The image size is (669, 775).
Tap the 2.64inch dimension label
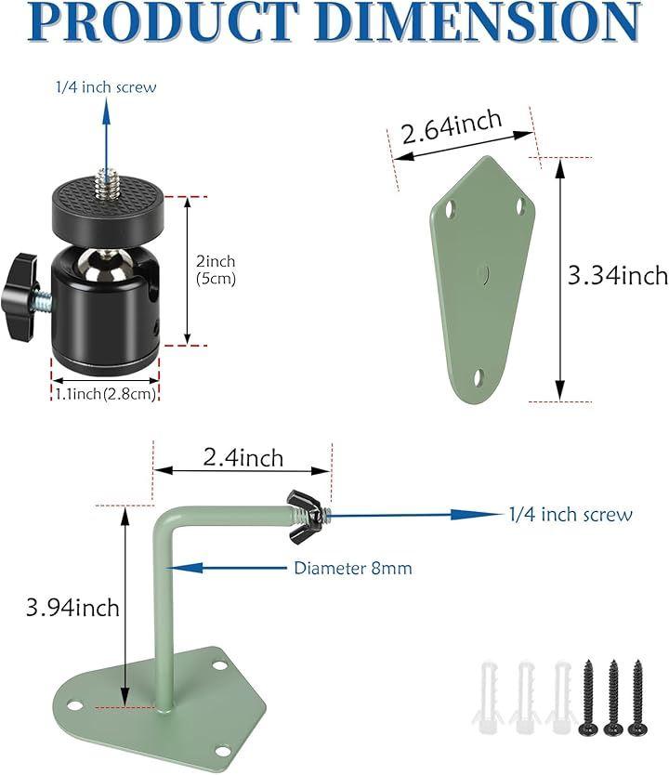(452, 126)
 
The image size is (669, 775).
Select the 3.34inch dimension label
(618, 275)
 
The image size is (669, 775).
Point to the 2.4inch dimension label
(243, 458)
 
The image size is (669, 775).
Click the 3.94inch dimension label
(72, 607)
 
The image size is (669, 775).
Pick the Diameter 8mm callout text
(353, 568)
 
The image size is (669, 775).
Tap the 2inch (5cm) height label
(216, 269)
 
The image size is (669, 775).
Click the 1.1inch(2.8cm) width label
(105, 394)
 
